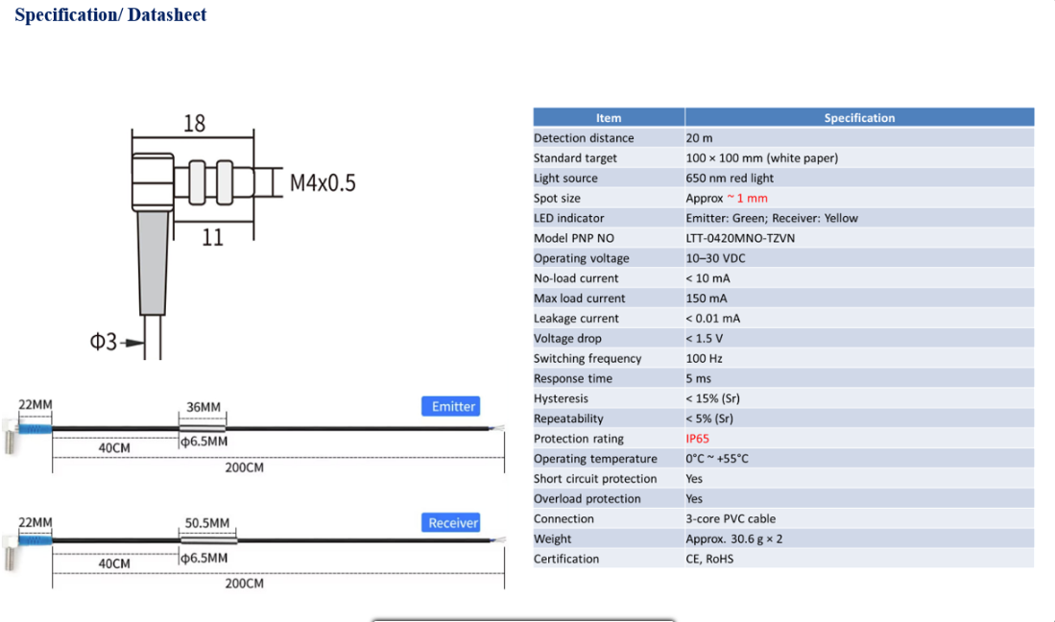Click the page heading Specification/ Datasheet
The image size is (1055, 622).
[x=110, y=14]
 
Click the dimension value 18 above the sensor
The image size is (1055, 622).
[x=195, y=123]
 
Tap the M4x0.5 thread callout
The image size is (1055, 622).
[x=323, y=182]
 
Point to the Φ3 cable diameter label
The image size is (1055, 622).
[x=103, y=342]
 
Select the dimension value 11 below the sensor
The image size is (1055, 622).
[x=212, y=237]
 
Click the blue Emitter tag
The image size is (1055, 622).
[x=451, y=406]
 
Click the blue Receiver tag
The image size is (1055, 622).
[x=451, y=522]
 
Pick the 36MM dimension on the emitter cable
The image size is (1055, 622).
[x=204, y=407]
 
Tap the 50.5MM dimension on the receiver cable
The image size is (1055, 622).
[x=207, y=522]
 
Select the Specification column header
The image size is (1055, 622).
[x=859, y=118]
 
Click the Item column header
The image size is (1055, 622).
[x=609, y=118]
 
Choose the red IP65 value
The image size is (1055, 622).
[x=697, y=439]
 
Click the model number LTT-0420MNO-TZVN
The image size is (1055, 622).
[x=740, y=238]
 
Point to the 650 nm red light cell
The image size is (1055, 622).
[x=730, y=179]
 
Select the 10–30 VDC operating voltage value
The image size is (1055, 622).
[x=715, y=258]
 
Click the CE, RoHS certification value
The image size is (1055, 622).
[x=709, y=559]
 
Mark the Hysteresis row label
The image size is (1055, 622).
[x=561, y=398]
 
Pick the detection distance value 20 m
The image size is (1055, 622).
[x=699, y=138]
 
